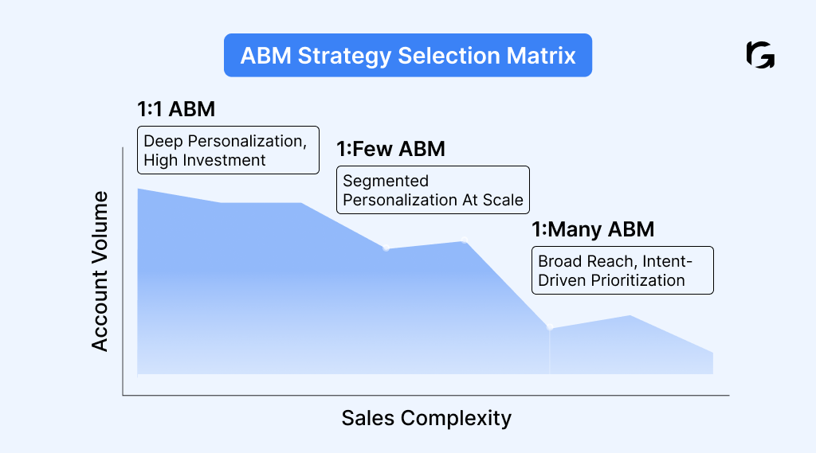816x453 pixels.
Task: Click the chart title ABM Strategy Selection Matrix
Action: coord(408,56)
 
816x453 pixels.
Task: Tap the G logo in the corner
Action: coord(759,56)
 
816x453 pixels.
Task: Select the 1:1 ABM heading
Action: coord(176,109)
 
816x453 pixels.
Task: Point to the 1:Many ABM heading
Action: coord(593,230)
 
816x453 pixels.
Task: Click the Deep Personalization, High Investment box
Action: coord(228,150)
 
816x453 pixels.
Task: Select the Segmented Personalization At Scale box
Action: coord(433,190)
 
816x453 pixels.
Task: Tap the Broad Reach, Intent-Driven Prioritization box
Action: coord(622,271)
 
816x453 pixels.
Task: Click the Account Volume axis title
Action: coord(100,271)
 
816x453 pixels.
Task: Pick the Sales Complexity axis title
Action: coord(426,418)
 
